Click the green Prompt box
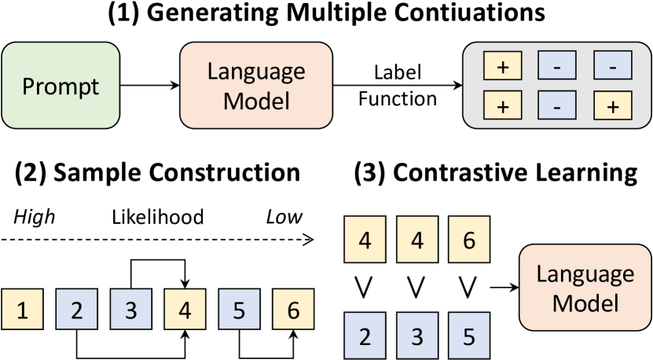click(61, 86)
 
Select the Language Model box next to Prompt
click(256, 86)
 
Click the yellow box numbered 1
click(22, 310)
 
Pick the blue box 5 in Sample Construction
click(238, 310)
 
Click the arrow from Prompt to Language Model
click(150, 86)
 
